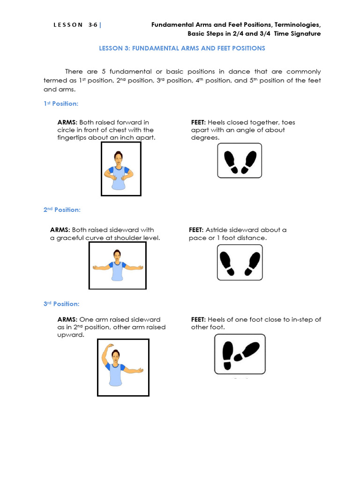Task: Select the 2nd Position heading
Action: pos(62,210)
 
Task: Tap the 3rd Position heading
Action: pos(61,304)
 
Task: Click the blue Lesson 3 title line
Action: pos(182,48)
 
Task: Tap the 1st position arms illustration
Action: pos(121,169)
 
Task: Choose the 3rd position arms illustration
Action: pos(123,367)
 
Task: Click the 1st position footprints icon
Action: pos(240,160)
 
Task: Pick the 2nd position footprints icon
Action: pos(240,262)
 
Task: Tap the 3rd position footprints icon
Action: pos(240,354)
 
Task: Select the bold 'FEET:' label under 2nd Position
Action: pos(196,230)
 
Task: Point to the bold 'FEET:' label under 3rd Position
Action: pos(198,320)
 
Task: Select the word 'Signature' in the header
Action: pos(306,34)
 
